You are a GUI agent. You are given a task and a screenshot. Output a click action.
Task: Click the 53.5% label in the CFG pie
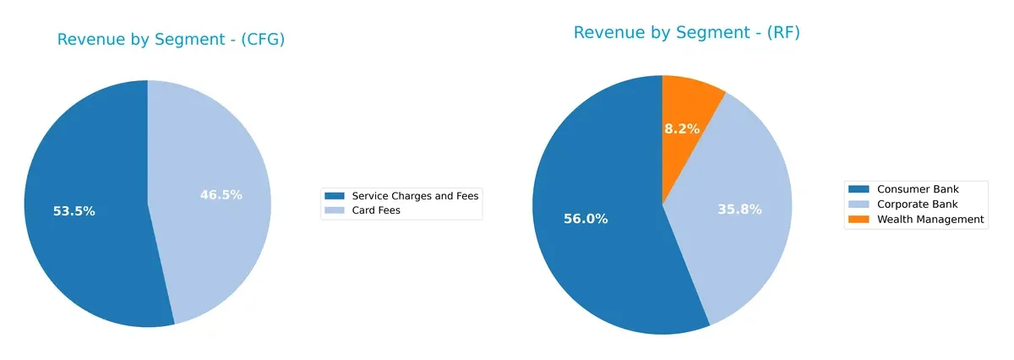[x=74, y=211]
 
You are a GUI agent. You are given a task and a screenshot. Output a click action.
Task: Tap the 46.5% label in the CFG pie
[x=221, y=195]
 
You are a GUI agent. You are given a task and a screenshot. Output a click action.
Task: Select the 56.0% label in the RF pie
[x=586, y=219]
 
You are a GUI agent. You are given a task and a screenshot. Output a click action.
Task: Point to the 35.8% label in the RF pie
[x=740, y=210]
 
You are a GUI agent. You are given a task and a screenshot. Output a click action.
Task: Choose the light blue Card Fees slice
[x=220, y=245]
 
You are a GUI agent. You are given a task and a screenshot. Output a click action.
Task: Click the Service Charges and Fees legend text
[x=415, y=196]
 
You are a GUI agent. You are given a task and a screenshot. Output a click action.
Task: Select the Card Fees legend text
[x=376, y=210]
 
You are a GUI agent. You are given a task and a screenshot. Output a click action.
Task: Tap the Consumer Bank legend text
[x=919, y=188]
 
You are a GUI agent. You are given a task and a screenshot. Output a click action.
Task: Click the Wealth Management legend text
[x=930, y=219]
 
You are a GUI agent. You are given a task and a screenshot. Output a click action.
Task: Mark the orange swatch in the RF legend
[x=859, y=219]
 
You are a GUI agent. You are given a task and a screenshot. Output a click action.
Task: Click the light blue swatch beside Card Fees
[x=335, y=210]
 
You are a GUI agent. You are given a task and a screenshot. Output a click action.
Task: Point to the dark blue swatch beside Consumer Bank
[x=859, y=188]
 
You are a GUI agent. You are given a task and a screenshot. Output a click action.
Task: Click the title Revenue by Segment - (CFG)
[x=171, y=40]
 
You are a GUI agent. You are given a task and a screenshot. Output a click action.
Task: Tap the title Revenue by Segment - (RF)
[x=686, y=33]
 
